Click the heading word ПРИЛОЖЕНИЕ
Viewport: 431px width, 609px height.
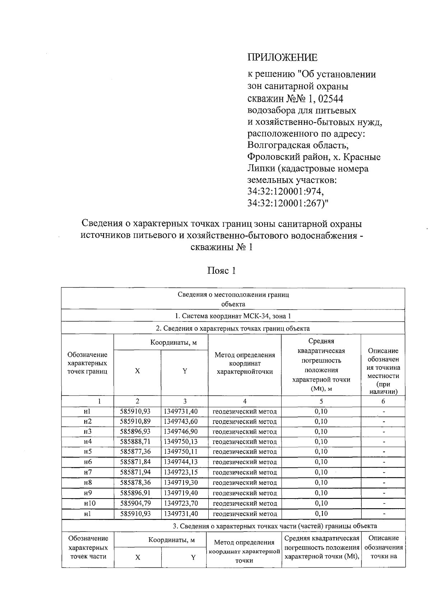(x=282, y=57)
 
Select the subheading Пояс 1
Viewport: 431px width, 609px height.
(x=221, y=271)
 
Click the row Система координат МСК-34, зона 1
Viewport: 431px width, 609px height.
(x=233, y=316)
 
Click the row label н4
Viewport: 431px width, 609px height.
(x=88, y=442)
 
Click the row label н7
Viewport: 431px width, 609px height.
(x=88, y=472)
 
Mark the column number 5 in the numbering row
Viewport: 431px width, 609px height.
(x=321, y=401)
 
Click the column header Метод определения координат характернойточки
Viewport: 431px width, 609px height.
(x=245, y=363)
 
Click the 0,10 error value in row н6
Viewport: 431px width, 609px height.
(x=321, y=462)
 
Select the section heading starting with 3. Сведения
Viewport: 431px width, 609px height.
(x=275, y=526)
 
